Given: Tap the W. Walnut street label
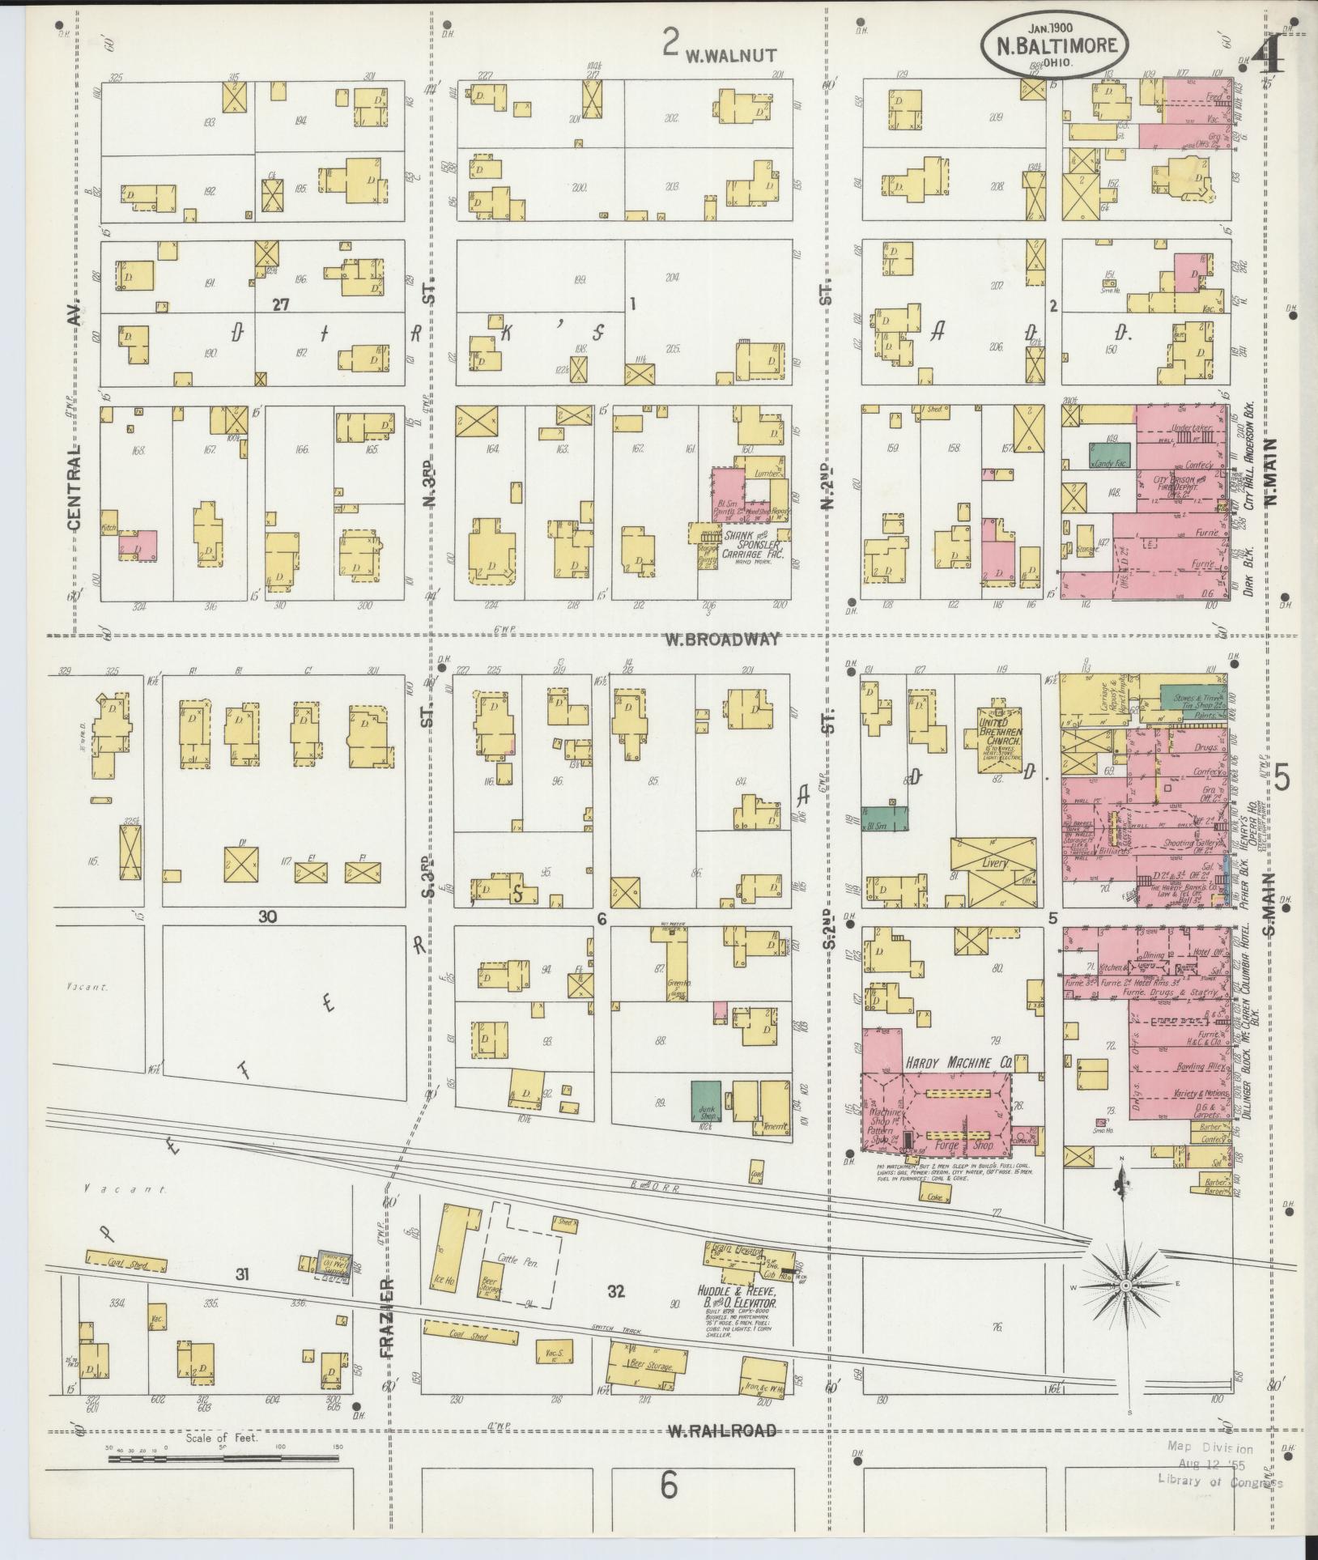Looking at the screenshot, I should coord(731,55).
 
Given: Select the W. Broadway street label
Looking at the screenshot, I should coord(723,640).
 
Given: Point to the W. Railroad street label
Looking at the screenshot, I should coord(721,1430).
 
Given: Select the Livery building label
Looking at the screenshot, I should coord(994,863).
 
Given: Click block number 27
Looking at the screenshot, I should coord(280,305).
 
